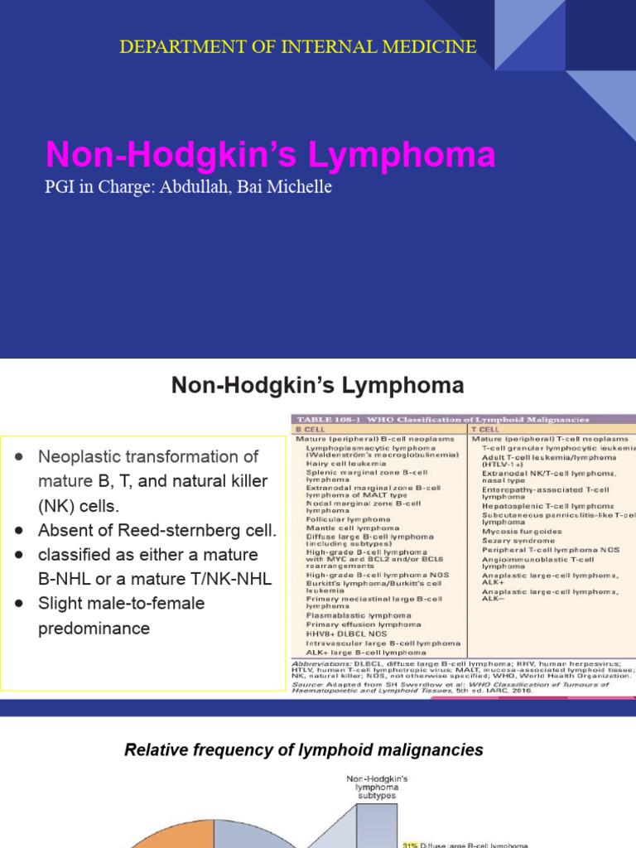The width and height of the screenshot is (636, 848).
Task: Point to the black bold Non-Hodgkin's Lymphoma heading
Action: tap(317, 385)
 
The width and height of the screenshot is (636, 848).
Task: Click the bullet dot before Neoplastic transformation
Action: tap(19, 457)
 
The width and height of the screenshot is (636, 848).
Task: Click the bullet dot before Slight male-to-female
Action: tap(19, 604)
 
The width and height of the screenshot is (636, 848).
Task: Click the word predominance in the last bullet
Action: tap(94, 628)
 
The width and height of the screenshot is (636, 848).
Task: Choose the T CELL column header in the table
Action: tap(486, 430)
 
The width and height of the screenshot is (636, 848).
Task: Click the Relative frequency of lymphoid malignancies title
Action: tap(303, 750)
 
